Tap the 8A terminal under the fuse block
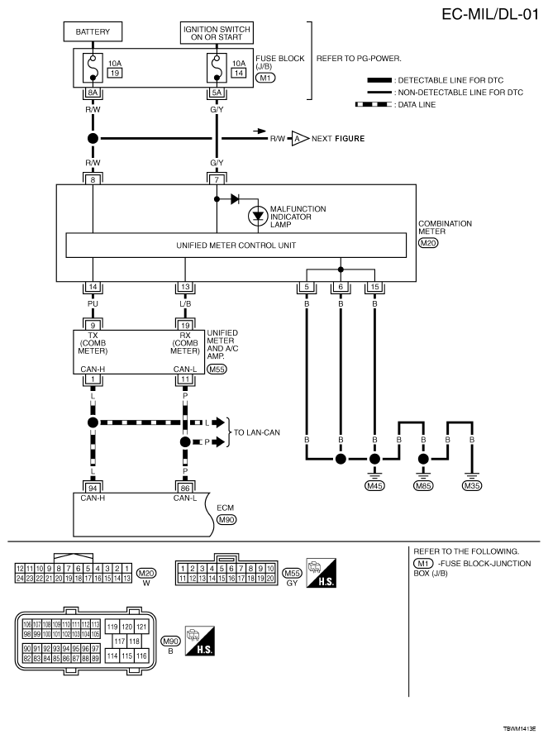pyautogui.click(x=93, y=94)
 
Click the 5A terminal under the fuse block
pyautogui.click(x=217, y=94)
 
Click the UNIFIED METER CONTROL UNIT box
pyautogui.click(x=236, y=246)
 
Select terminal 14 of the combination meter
pyautogui.click(x=93, y=288)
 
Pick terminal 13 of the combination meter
pyautogui.click(x=183, y=288)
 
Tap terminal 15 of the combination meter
pyautogui.click(x=375, y=288)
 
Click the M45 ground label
pyautogui.click(x=375, y=486)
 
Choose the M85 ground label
pyautogui.click(x=423, y=486)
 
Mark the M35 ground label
pyautogui.click(x=471, y=486)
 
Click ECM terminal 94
pyautogui.click(x=93, y=488)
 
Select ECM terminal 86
pyautogui.click(x=183, y=488)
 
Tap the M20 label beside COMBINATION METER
pyautogui.click(x=430, y=243)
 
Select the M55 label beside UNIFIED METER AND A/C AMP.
pyautogui.click(x=217, y=369)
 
